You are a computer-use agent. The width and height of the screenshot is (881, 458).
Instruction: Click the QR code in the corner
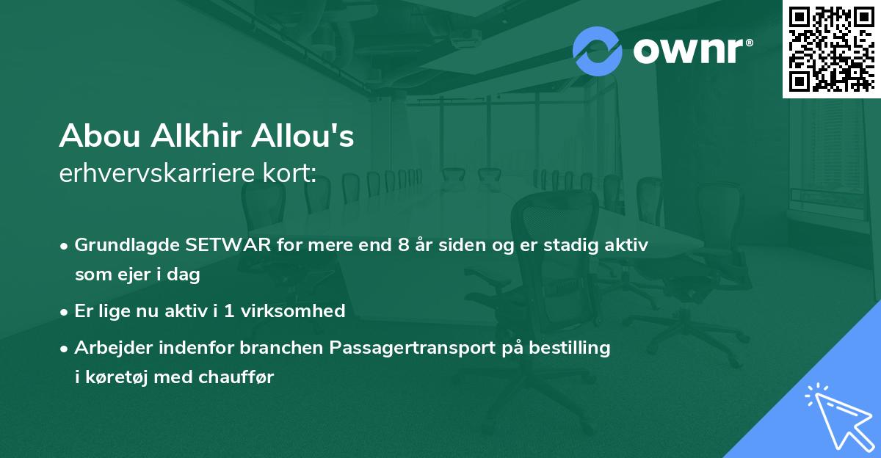pos(831,48)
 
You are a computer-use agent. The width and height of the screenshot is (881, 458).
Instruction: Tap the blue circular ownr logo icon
pos(597,51)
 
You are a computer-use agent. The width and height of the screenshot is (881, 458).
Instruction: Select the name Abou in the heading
pos(99,137)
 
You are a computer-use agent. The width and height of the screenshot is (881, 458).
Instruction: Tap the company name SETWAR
pos(224,244)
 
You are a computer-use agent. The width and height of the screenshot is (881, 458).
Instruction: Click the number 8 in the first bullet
pos(402,244)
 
